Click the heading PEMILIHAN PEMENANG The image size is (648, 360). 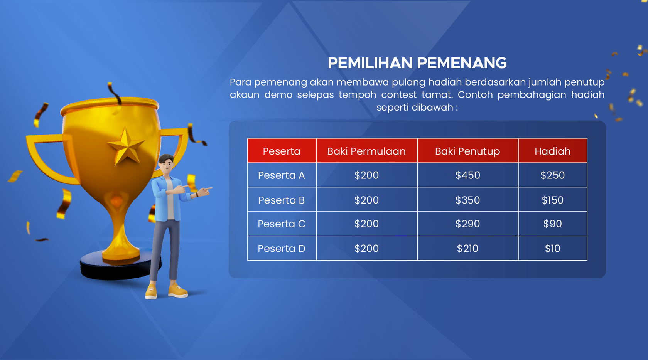pyautogui.click(x=417, y=63)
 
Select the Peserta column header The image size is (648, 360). pyautogui.click(x=282, y=151)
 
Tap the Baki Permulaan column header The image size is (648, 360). pyautogui.click(x=366, y=151)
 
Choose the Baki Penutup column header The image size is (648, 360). pyautogui.click(x=467, y=151)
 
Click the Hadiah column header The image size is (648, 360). pyautogui.click(x=552, y=151)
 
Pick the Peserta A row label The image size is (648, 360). pyautogui.click(x=282, y=175)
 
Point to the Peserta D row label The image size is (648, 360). pyautogui.click(x=282, y=248)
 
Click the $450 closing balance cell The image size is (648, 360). pyautogui.click(x=467, y=175)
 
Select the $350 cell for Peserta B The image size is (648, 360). pyautogui.click(x=467, y=200)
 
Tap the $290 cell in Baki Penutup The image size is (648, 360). pyautogui.click(x=467, y=224)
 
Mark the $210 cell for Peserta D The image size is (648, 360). pyautogui.click(x=467, y=248)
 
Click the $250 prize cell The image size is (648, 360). pyautogui.click(x=552, y=175)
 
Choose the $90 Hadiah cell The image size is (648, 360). pyautogui.click(x=552, y=224)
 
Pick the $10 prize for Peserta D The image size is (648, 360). pyautogui.click(x=552, y=248)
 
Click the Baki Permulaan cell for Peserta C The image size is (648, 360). pyautogui.click(x=366, y=224)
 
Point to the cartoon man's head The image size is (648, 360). pyautogui.click(x=166, y=164)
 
